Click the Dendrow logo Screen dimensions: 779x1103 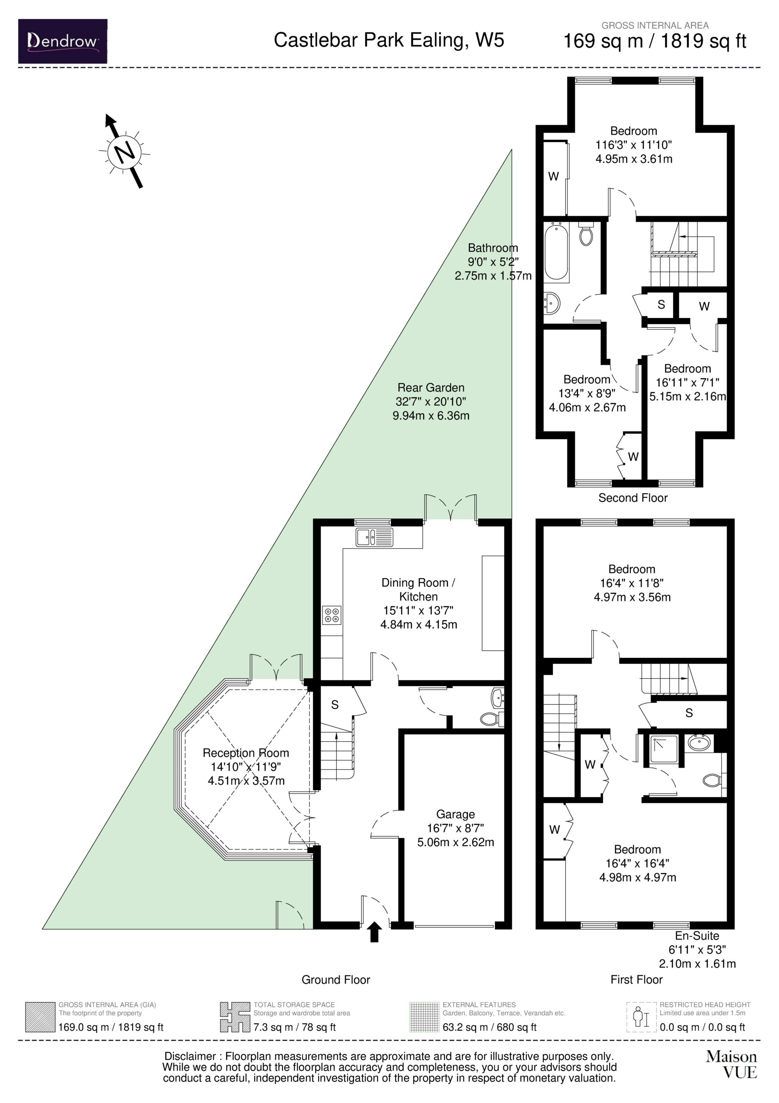pos(62,41)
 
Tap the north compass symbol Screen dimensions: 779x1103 pos(125,151)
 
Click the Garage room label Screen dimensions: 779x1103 pos(455,814)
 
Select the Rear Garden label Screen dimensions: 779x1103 pos(431,388)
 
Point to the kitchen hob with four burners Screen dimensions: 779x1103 pos(332,615)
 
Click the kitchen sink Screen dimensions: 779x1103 pos(374,537)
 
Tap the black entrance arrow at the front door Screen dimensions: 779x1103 pos(375,932)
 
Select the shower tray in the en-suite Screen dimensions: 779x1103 pos(664,749)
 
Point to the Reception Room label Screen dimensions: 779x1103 pos(245,753)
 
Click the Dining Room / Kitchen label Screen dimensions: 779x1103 pos(418,589)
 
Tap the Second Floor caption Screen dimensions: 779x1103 pos(633,498)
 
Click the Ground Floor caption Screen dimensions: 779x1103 pos(336,979)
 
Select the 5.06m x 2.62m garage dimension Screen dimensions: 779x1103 pos(455,841)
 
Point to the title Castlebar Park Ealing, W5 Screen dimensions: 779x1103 pos(389,41)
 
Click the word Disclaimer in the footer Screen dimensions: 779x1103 pos(190,1056)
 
